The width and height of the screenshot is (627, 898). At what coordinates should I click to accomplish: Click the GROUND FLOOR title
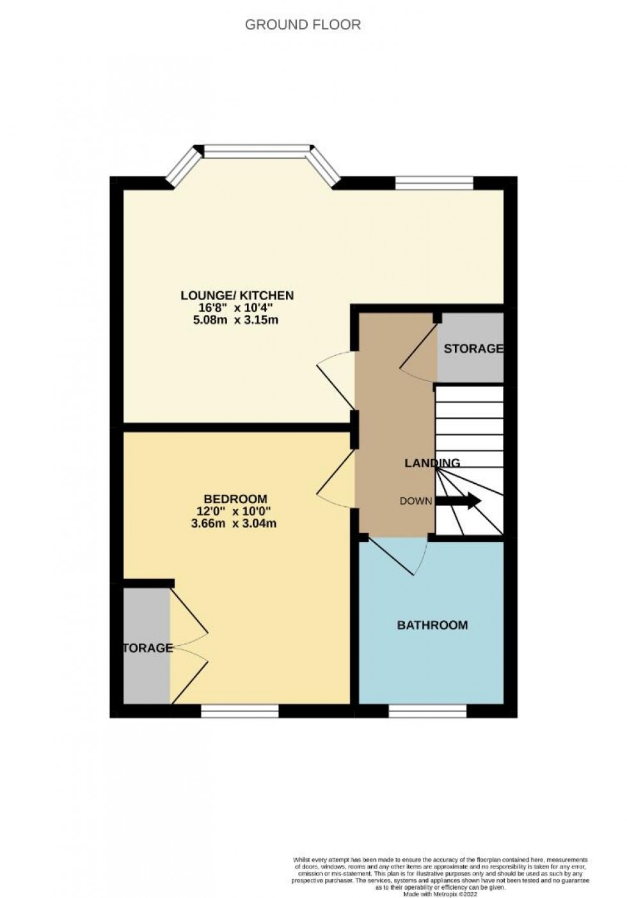click(303, 25)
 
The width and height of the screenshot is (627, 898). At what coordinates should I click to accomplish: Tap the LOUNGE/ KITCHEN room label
click(237, 295)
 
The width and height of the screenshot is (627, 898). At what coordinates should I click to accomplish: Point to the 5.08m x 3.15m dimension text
click(237, 320)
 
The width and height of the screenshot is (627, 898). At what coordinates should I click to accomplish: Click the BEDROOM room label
click(235, 499)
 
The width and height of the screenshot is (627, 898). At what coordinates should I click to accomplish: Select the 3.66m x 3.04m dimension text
click(234, 523)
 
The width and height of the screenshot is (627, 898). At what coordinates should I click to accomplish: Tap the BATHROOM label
click(433, 625)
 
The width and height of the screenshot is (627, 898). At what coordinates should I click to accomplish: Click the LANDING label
click(432, 463)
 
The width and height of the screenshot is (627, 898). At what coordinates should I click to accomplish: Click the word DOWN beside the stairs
click(416, 501)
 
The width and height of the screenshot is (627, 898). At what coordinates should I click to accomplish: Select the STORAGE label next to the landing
click(473, 349)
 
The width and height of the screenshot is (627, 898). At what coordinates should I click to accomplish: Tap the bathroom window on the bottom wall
click(427, 710)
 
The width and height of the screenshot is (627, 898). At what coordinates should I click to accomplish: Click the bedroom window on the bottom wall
click(240, 710)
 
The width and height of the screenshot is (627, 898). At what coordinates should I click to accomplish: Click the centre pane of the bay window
click(256, 151)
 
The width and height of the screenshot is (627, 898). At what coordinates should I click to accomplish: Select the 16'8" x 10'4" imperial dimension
click(237, 308)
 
